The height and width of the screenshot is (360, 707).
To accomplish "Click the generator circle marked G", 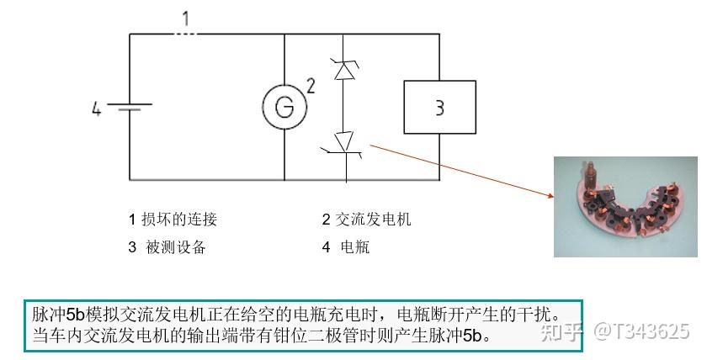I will click(284, 106).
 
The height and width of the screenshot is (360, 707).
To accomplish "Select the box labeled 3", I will click(439, 107).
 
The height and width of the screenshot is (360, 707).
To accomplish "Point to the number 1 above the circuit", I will click(186, 17).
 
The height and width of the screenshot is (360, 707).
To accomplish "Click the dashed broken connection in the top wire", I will click(186, 34).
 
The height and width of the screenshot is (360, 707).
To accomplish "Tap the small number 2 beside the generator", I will click(310, 85).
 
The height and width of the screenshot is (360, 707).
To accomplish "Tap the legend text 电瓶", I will click(354, 247).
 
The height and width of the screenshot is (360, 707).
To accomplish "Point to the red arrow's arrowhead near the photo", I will click(550, 197).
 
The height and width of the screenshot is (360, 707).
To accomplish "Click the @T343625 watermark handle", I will click(641, 331).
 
